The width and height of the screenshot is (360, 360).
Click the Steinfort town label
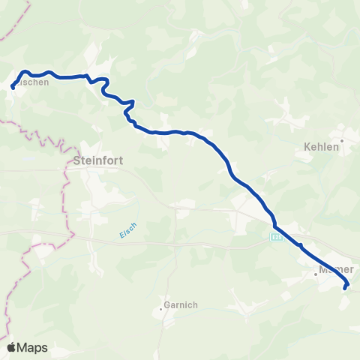[98, 160]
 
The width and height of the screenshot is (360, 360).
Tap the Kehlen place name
[321, 147]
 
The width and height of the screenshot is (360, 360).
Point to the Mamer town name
[335, 269]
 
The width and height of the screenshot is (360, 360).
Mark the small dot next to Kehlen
[342, 140]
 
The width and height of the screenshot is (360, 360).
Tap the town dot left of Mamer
[316, 274]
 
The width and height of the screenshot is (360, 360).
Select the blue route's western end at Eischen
[13, 88]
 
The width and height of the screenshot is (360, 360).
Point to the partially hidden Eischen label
[37, 83]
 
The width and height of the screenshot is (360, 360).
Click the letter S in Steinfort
[79, 160]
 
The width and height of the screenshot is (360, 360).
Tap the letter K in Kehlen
[306, 147]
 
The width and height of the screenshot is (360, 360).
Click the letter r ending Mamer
[350, 269]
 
